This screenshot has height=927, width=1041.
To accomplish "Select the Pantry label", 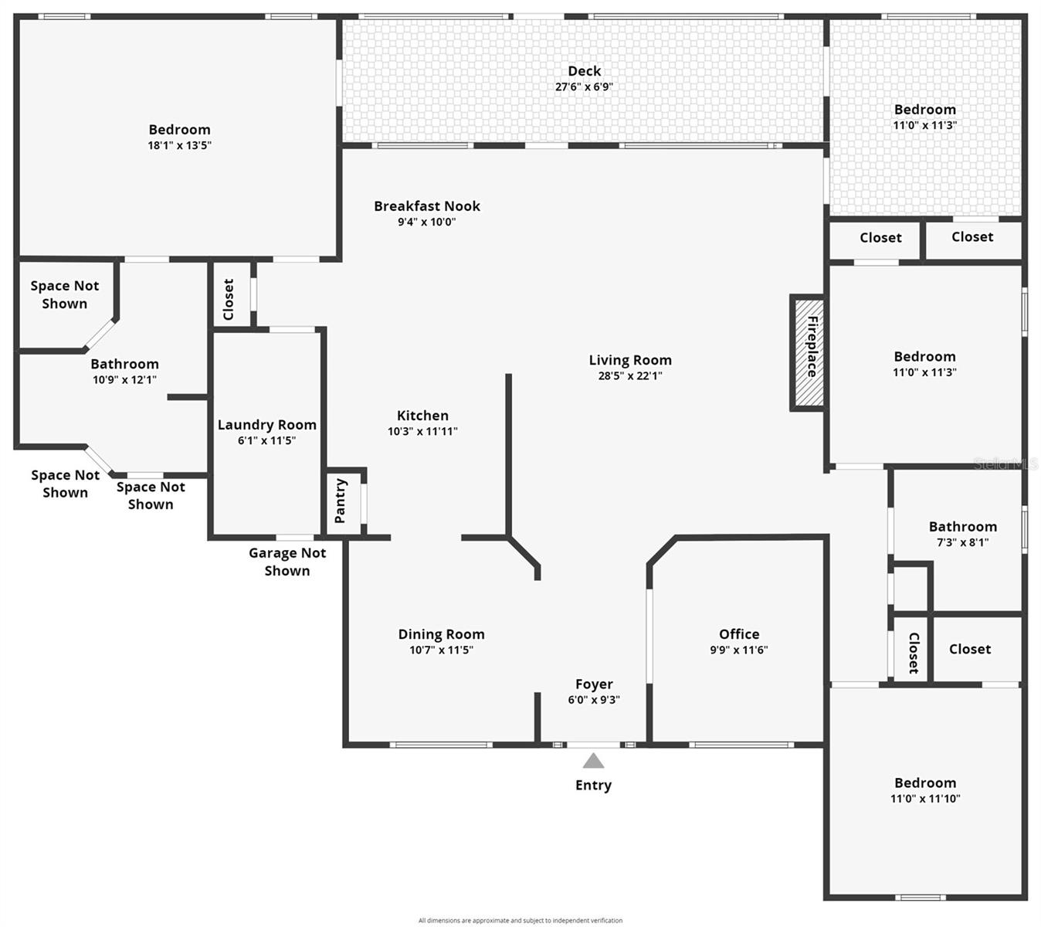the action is click(x=340, y=501).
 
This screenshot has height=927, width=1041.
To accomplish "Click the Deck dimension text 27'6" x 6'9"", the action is click(x=585, y=87).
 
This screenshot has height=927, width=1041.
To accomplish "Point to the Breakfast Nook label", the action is click(x=427, y=206).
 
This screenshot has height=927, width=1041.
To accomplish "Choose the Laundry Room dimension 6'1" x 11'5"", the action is click(x=266, y=440).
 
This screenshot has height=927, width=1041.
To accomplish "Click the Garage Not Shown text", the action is click(x=287, y=562).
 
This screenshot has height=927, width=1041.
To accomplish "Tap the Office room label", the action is click(x=739, y=634).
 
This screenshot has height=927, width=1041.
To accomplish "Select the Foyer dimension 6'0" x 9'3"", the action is click(x=594, y=699).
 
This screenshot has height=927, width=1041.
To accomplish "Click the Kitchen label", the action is click(x=422, y=416).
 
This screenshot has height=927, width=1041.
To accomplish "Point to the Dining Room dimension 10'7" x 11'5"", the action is click(x=442, y=650).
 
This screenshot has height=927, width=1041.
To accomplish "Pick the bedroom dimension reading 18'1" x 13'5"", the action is click(x=179, y=145).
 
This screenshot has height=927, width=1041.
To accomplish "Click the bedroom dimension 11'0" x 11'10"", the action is click(x=925, y=799).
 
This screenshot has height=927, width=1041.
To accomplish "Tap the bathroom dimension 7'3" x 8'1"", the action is click(x=963, y=542).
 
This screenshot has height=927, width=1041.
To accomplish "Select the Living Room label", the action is click(x=630, y=360).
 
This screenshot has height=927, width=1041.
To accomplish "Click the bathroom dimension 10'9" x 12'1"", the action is click(x=125, y=379).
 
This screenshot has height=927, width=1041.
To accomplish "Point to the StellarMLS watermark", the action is click(x=1006, y=463).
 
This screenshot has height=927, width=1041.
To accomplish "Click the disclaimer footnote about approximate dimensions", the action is click(x=520, y=920).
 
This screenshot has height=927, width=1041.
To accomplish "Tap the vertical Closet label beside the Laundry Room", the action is click(x=229, y=299).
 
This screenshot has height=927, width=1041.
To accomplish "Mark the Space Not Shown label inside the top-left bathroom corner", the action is click(x=65, y=294).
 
